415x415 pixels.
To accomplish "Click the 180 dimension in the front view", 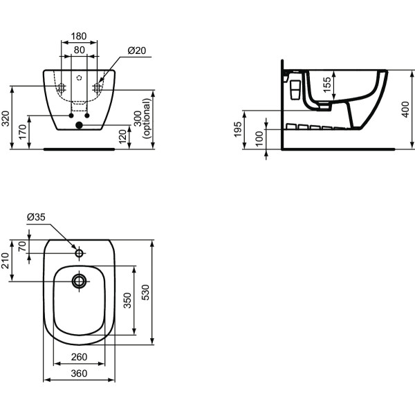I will point(80,36).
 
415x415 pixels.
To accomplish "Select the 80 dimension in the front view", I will point(80,50).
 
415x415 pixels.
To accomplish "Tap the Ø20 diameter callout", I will point(136,50).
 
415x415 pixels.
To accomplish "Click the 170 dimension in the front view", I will point(23,131).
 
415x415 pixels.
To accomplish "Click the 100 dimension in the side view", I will point(258,138).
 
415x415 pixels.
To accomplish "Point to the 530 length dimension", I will point(145,293).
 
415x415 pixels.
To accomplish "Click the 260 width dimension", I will point(80,357).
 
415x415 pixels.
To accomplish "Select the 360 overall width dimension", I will point(80,373).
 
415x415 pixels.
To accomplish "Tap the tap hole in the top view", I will point(80,254).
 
